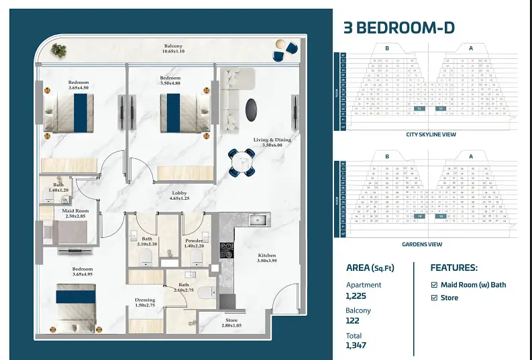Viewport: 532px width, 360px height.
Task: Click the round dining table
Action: [241, 162]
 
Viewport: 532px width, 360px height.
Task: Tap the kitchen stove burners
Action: [227, 250]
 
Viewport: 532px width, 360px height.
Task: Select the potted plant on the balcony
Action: [59, 49]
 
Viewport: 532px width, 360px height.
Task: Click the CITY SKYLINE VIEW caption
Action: [431, 134]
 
